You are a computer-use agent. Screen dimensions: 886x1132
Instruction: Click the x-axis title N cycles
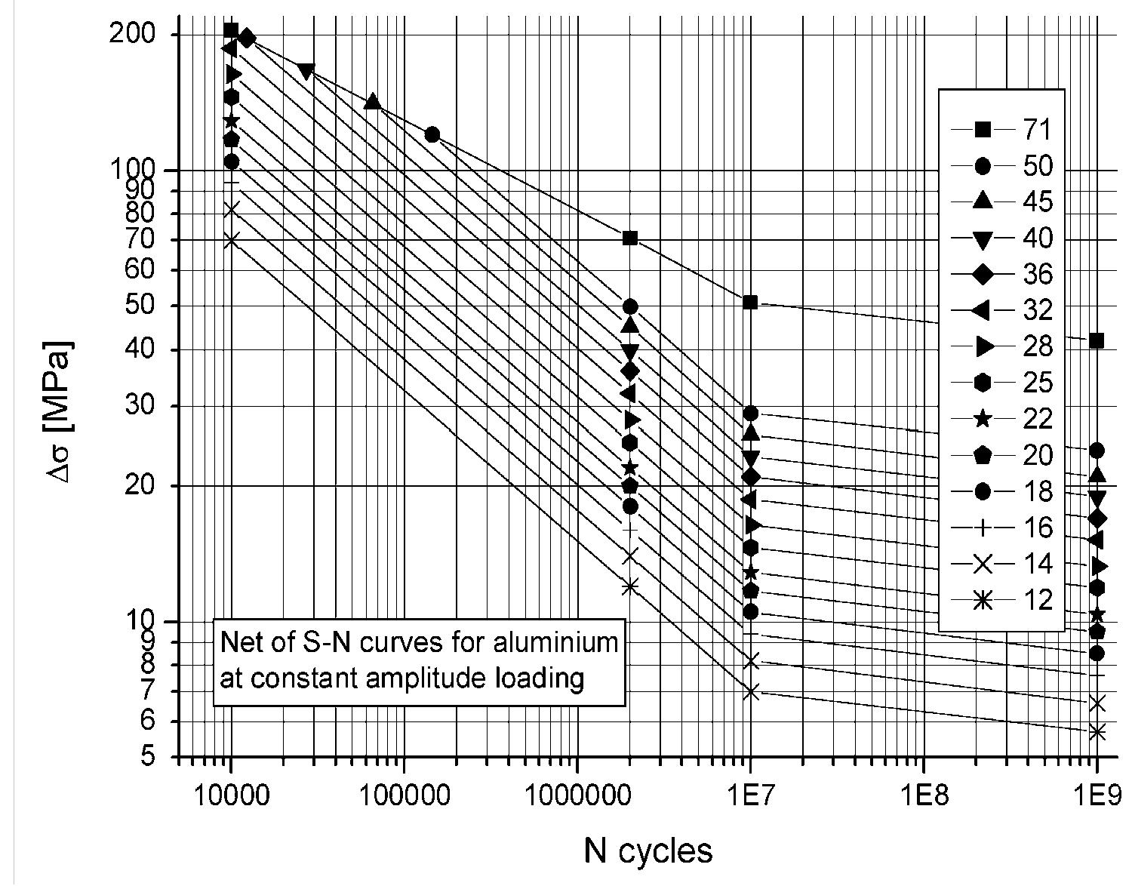pyautogui.click(x=648, y=851)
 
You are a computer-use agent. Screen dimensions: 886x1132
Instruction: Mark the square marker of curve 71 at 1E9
pyautogui.click(x=1097, y=341)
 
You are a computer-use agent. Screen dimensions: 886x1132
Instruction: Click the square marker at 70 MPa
pyautogui.click(x=630, y=238)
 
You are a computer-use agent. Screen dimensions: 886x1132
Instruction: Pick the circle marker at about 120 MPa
pyautogui.click(x=432, y=134)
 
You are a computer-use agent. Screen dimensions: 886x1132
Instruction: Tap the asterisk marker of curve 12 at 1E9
pyautogui.click(x=1097, y=732)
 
